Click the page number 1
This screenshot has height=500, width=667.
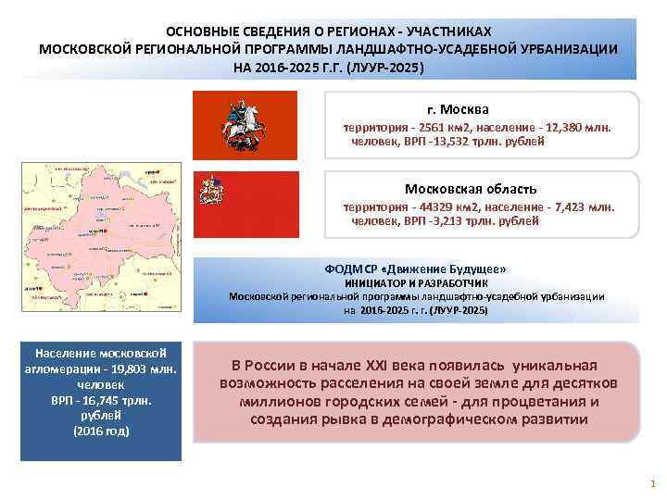652,483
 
